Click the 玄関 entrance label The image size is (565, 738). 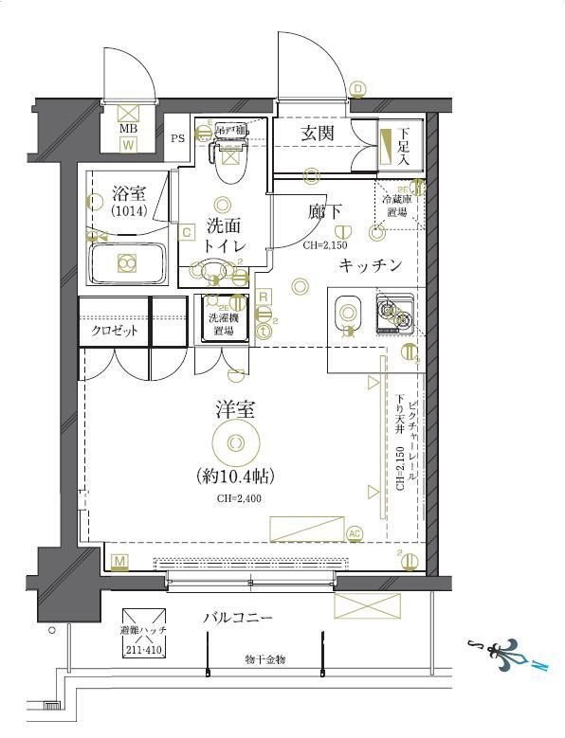click(317, 134)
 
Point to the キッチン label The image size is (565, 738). click(371, 265)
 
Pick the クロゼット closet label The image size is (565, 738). click(115, 332)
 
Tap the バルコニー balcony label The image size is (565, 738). click(238, 618)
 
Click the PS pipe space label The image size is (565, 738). click(177, 138)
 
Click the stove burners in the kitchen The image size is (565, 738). click(394, 314)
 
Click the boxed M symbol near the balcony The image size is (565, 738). click(119, 562)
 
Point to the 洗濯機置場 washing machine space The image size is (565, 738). click(224, 319)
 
